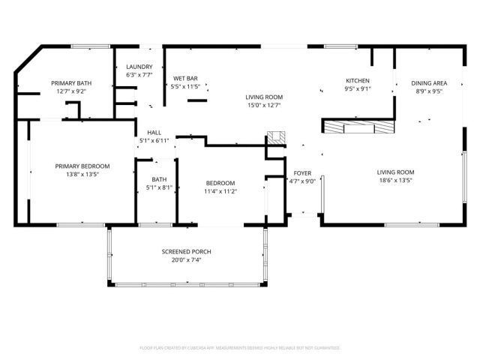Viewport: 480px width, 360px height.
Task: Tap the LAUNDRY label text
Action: pos(139,66)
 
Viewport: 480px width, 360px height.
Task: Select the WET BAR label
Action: pos(185,78)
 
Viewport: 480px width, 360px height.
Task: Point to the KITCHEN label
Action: pos(356,81)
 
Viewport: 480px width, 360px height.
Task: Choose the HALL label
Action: pos(154,132)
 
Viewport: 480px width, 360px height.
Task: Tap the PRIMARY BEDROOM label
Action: pos(82,166)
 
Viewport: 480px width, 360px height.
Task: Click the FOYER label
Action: pos(302,172)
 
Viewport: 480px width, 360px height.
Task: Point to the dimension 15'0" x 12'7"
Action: pos(264,105)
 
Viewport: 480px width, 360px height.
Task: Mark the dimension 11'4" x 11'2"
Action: pos(220,191)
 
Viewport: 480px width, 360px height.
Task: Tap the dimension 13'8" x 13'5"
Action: pos(82,174)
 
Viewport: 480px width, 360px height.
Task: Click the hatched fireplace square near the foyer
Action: pos(276,138)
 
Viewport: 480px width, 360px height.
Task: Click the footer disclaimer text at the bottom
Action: pos(240,348)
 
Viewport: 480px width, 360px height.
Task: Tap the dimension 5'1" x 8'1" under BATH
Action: pos(159,187)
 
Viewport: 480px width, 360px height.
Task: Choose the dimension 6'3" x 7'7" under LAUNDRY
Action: pos(139,74)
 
